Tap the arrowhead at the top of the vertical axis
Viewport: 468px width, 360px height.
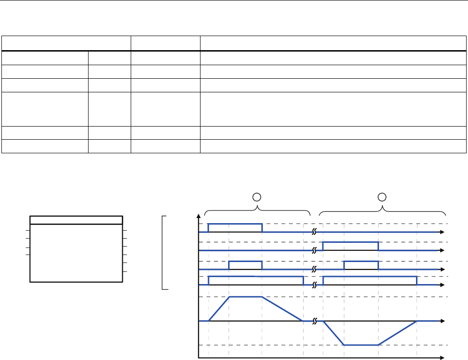200,217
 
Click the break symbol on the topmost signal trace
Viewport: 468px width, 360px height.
315,232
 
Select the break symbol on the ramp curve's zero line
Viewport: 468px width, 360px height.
315,321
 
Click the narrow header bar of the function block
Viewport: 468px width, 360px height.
76,220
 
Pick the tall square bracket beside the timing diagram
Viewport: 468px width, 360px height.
163,253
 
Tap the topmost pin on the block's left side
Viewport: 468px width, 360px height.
27,230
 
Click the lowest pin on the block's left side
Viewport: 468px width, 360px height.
27,255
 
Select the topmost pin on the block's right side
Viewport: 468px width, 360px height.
125,230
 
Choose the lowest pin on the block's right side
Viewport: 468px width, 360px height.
125,272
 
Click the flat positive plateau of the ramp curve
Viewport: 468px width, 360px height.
245,297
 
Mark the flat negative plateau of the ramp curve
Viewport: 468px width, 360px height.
361,345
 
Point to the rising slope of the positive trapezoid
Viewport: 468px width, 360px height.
219,308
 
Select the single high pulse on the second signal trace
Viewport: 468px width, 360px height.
351,242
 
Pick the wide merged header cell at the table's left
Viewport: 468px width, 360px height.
67,44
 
